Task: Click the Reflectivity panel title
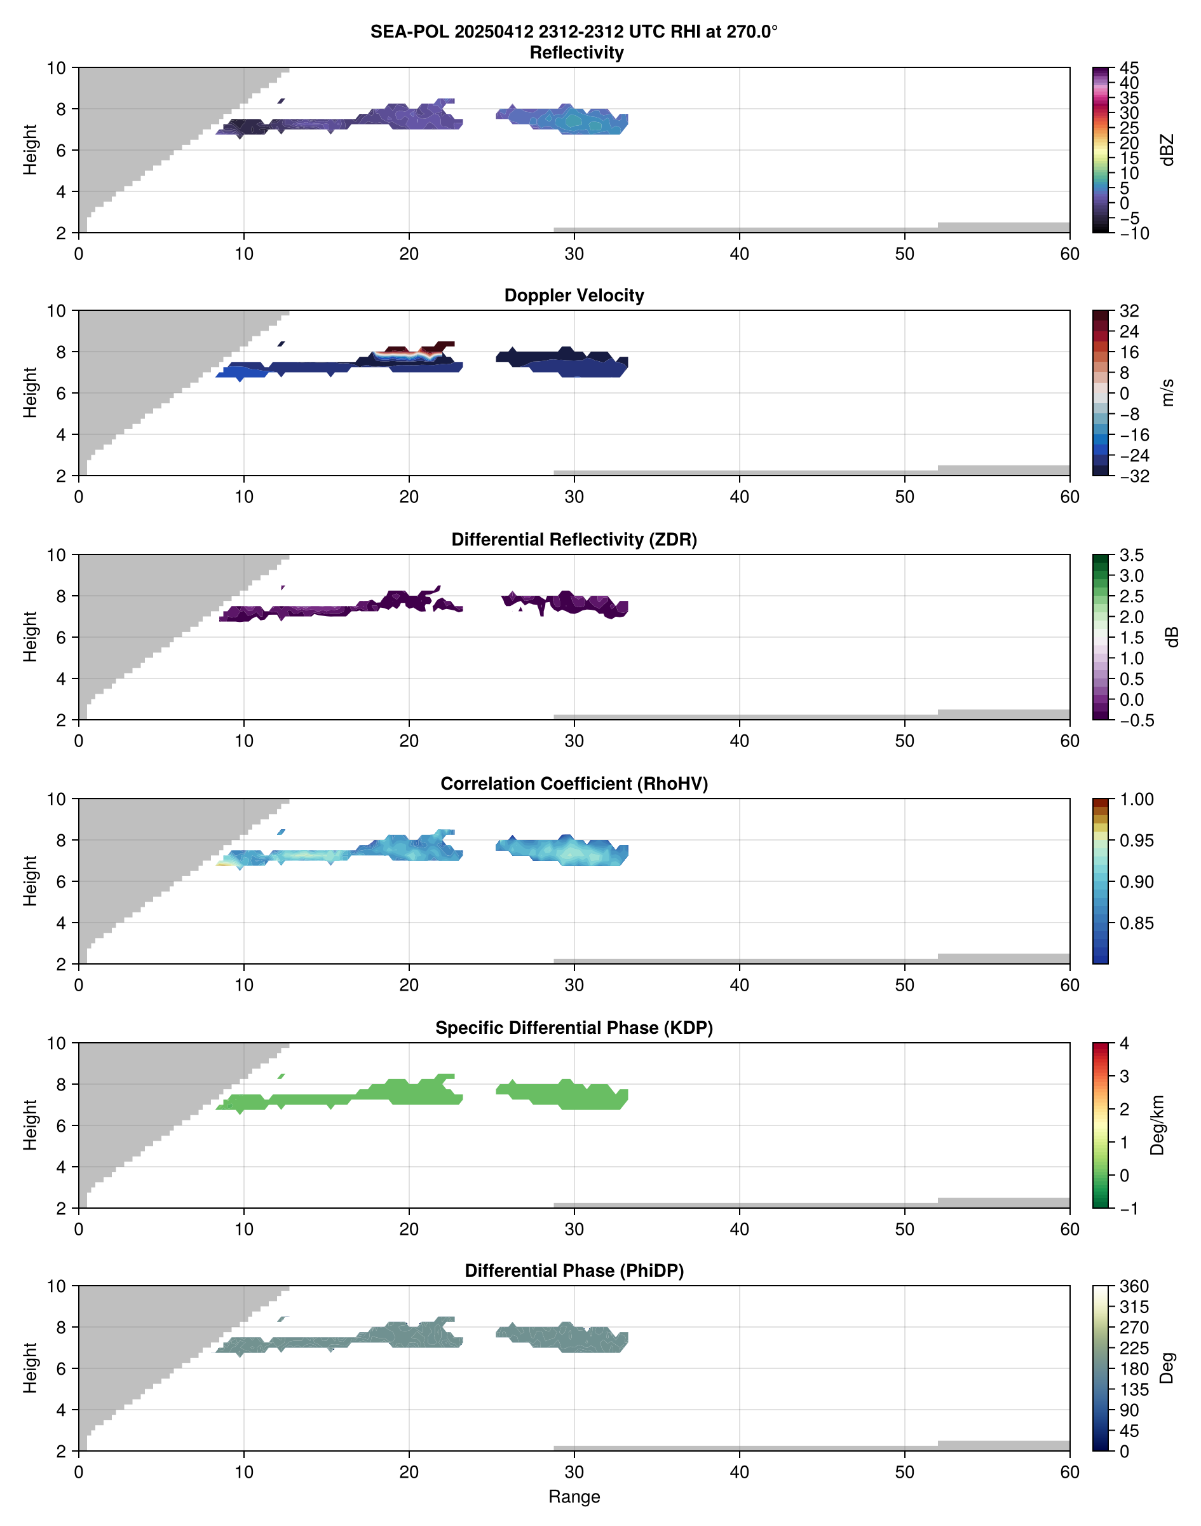coord(576,53)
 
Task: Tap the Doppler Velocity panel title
coord(574,296)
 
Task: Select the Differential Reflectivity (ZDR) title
coord(574,540)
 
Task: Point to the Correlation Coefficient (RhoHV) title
coord(574,784)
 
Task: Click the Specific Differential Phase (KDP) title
coord(574,1028)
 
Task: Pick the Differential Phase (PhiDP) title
coord(574,1270)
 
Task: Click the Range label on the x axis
coord(574,1497)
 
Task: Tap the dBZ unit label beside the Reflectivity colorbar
coord(1167,150)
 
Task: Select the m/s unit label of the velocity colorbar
coord(1167,392)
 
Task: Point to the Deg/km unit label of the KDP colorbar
coord(1157,1125)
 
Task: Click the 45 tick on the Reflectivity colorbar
coord(1129,68)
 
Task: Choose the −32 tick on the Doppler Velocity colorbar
coord(1134,476)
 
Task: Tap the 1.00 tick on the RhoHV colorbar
coord(1136,799)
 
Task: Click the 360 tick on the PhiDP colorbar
coord(1134,1287)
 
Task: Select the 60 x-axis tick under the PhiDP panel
coord(1069,1472)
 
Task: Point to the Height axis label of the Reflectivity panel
coord(29,150)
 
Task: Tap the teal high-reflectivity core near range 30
coord(574,121)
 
